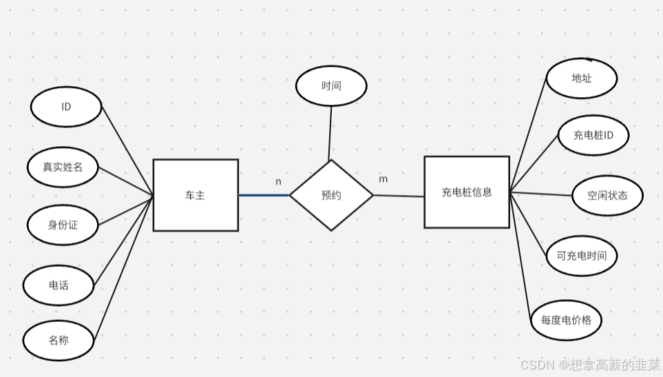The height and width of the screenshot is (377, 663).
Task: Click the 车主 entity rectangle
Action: tap(196, 195)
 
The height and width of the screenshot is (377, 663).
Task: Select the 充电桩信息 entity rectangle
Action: tap(467, 192)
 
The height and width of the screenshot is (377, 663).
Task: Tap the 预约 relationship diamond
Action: tap(331, 195)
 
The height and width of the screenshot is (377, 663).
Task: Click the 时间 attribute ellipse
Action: tap(331, 86)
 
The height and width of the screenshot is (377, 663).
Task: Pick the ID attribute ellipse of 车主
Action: tap(66, 107)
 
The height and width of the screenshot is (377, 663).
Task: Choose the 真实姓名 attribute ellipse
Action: tap(63, 166)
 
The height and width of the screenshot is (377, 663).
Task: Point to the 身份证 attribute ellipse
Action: tap(63, 225)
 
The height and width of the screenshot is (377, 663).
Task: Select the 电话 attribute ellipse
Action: tap(59, 285)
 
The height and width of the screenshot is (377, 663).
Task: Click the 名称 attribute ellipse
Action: tap(59, 340)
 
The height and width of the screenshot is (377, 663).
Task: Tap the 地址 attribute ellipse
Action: tap(582, 78)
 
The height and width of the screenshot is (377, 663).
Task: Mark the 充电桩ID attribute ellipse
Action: tap(593, 135)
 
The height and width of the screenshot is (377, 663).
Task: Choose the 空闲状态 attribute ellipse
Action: tap(607, 195)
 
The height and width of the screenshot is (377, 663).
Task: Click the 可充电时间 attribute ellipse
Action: tap(582, 256)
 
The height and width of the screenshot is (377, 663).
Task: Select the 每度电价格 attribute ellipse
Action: tap(566, 320)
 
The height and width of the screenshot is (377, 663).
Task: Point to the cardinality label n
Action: tap(278, 182)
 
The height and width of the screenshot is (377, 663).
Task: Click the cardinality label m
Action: tap(383, 179)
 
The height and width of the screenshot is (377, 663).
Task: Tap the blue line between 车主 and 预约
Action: tap(264, 195)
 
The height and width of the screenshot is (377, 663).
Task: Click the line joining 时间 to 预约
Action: tap(330, 133)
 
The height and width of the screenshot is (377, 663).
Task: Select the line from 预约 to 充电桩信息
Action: tap(399, 196)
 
